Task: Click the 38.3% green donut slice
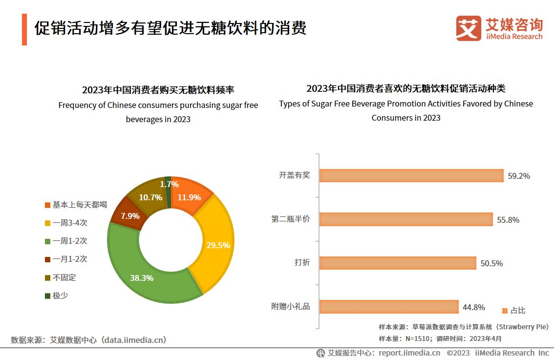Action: (x=142, y=278)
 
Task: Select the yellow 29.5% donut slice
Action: (x=215, y=244)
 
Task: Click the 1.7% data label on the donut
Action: (x=169, y=184)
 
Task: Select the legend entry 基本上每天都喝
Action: (x=75, y=205)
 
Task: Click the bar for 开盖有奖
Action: (x=411, y=175)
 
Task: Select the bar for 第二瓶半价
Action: (x=406, y=219)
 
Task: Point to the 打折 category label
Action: (x=301, y=263)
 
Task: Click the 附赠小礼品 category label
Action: (x=291, y=307)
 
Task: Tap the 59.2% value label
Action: (x=519, y=176)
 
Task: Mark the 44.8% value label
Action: (x=473, y=307)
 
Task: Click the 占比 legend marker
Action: (x=505, y=311)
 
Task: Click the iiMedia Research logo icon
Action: (x=468, y=29)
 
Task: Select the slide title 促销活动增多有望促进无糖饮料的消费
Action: (x=170, y=28)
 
